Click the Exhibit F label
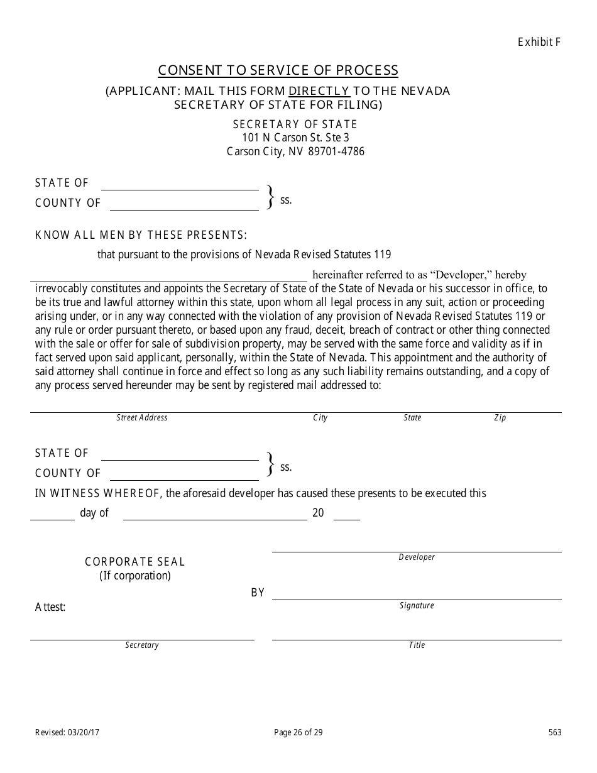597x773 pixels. pos(539,42)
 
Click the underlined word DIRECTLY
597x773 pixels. pos(319,90)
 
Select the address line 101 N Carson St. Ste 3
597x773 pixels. pos(295,138)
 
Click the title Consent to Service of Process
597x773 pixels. pos(278,70)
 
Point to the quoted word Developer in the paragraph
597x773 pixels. pos(462,275)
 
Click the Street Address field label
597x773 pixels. pos(142,417)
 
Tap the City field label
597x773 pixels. pos(320,418)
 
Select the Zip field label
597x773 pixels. pos(500,418)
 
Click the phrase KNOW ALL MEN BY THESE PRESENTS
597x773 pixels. pos(141,235)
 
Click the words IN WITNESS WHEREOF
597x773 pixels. pos(99,493)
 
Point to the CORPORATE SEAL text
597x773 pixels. pos(135,562)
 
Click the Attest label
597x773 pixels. pos(50,607)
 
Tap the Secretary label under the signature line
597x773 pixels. pos(142,645)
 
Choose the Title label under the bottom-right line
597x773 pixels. pos(417,645)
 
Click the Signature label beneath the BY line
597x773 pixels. pos(417,606)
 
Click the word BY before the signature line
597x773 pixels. pos(258,593)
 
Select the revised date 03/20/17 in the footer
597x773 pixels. pos(84,732)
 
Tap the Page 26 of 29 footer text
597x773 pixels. pos(298,732)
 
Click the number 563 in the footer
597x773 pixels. pos(554,732)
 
